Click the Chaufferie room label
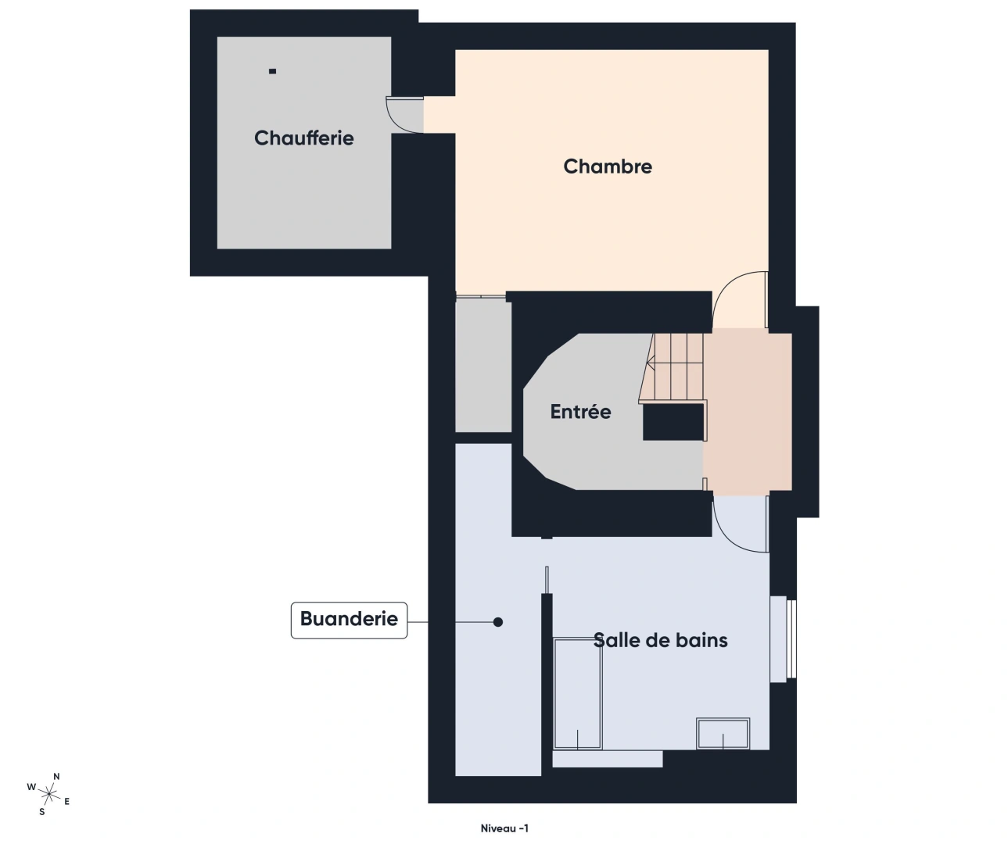point(303,138)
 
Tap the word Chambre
point(607,166)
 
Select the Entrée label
point(580,412)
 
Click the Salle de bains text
point(660,640)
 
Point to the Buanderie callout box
point(349,620)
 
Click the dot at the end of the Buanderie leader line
point(497,622)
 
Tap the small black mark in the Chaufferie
point(272,71)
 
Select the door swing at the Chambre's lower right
point(739,299)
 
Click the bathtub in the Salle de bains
point(578,694)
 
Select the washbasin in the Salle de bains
point(723,734)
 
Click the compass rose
point(49,795)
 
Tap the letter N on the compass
point(56,776)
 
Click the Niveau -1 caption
point(504,828)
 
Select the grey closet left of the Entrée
point(482,366)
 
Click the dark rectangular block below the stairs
point(673,423)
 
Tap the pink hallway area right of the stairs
point(748,411)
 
